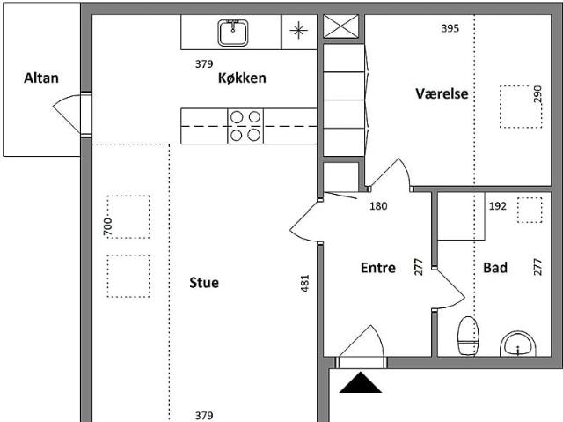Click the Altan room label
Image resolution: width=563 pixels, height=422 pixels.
coord(41,78)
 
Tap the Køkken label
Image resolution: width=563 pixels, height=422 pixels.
coord(242,78)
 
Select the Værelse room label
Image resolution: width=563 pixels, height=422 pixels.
coord(442,94)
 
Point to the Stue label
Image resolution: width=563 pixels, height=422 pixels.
coord(204,283)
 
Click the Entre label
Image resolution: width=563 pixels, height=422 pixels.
coord(378,268)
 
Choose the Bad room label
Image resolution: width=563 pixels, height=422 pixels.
coord(495,268)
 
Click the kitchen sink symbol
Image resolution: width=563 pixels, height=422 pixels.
coord(233,33)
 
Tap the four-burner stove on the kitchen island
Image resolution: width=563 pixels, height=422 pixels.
coord(245,126)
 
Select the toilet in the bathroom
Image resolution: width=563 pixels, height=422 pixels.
coord(468,336)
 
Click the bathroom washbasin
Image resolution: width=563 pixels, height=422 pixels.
coord(519,344)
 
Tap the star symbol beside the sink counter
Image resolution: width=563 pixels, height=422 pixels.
coord(299,32)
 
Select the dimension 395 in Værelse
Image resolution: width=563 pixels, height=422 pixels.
coord(450,28)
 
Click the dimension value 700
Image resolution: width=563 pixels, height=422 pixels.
coord(107,226)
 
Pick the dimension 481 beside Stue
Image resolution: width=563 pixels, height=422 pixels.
coord(305,283)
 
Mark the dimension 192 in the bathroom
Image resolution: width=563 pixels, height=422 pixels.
coord(498,206)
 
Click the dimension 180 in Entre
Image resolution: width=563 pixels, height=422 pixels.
coord(378,206)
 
